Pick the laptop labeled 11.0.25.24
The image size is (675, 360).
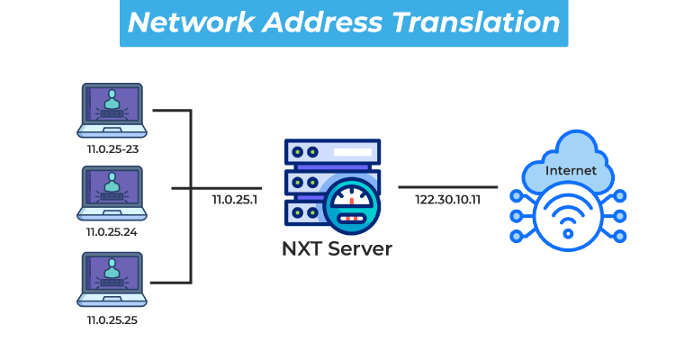[112, 192]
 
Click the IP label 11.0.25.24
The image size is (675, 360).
[112, 231]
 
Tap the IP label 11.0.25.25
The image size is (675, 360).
[112, 318]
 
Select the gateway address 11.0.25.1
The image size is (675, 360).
[235, 199]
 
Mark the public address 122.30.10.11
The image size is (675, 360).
[447, 199]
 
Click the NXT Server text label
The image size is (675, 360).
[337, 248]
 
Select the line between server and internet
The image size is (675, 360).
[447, 187]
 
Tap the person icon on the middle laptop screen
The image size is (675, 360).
[112, 184]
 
